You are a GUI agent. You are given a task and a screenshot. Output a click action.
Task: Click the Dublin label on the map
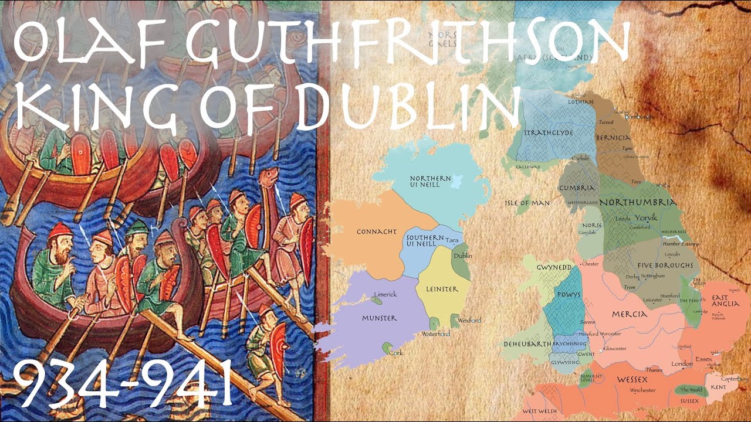click(462, 256)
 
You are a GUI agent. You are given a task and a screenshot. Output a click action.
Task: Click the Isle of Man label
click(527, 203)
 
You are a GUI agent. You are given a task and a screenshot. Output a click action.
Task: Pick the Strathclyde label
click(549, 132)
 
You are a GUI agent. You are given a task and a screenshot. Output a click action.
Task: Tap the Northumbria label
click(637, 202)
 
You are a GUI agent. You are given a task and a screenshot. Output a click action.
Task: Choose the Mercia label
click(629, 314)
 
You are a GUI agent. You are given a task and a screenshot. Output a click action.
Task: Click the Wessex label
click(631, 379)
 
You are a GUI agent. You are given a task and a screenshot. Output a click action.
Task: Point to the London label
click(682, 364)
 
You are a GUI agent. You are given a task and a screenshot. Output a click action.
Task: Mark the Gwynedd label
click(554, 267)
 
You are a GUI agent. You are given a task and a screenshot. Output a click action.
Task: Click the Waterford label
click(435, 333)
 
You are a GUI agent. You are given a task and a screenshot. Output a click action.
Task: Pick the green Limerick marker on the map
click(375, 300)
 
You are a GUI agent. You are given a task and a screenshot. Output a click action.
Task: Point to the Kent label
click(718, 387)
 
